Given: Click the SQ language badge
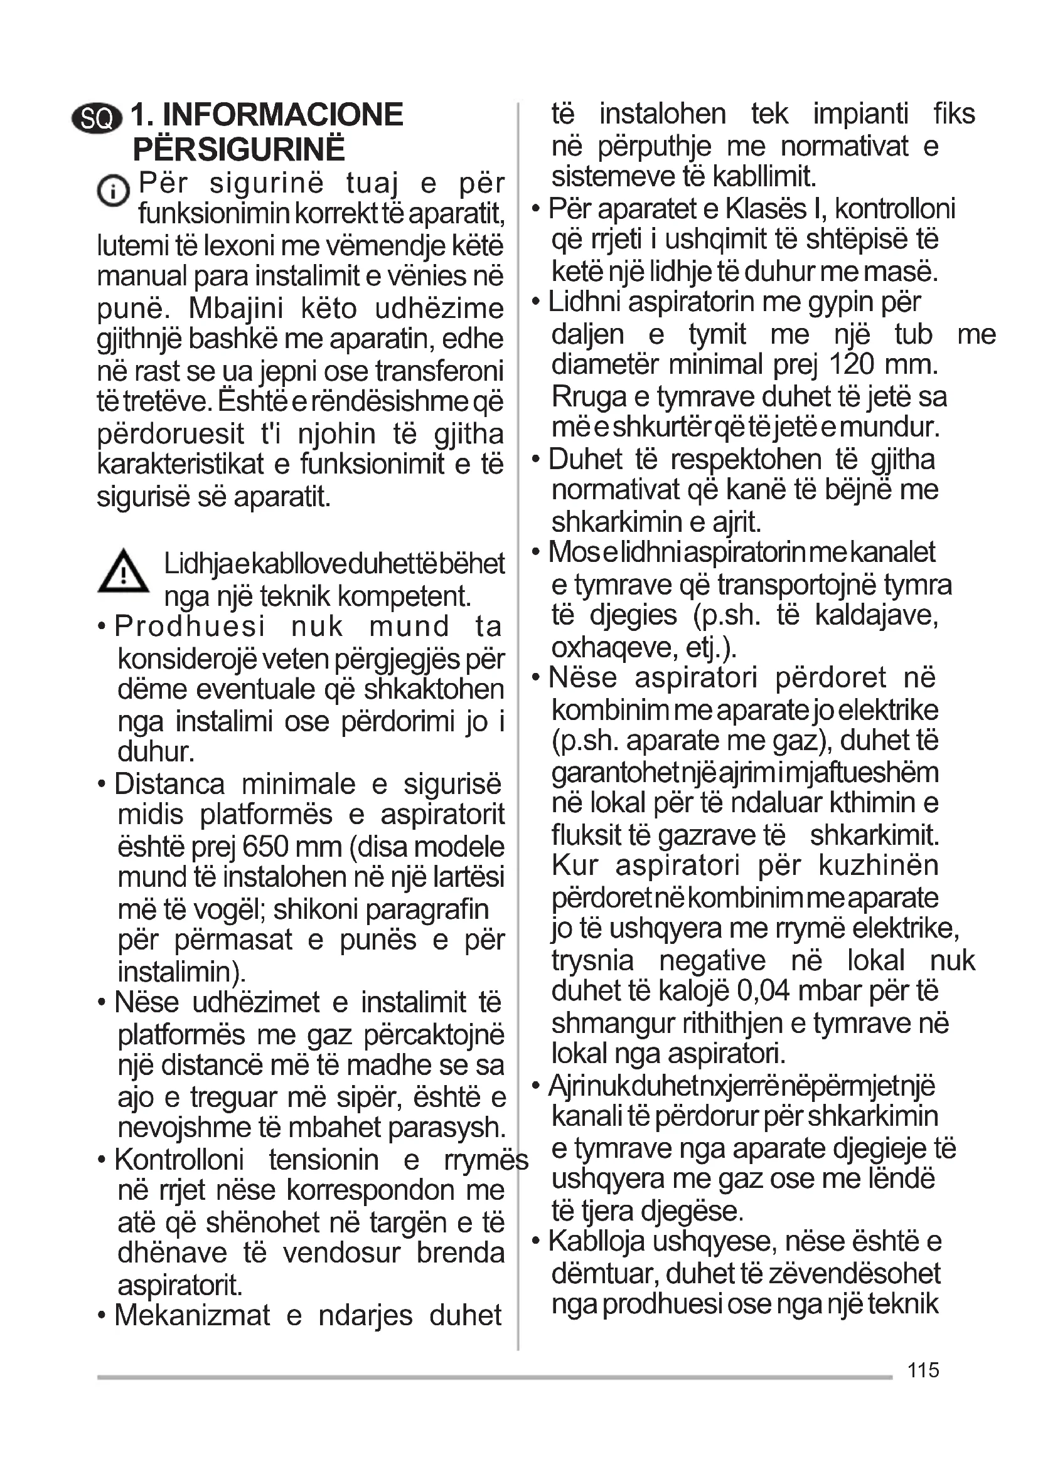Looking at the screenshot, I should [x=97, y=118].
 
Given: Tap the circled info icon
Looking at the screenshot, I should [x=113, y=191].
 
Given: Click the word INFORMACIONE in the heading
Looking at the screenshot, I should [x=283, y=115].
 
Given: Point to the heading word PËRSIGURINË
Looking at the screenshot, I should [x=238, y=149].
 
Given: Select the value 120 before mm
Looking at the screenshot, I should [x=852, y=365].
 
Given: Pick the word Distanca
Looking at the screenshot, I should [x=169, y=784].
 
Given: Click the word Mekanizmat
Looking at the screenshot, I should [x=192, y=1316].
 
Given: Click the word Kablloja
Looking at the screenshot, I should [x=597, y=1241].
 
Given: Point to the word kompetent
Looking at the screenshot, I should [x=404, y=596].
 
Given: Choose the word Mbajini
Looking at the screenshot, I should [x=235, y=309].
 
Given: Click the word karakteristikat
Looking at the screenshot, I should [x=180, y=464].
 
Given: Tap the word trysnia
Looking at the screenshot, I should [x=592, y=960].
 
